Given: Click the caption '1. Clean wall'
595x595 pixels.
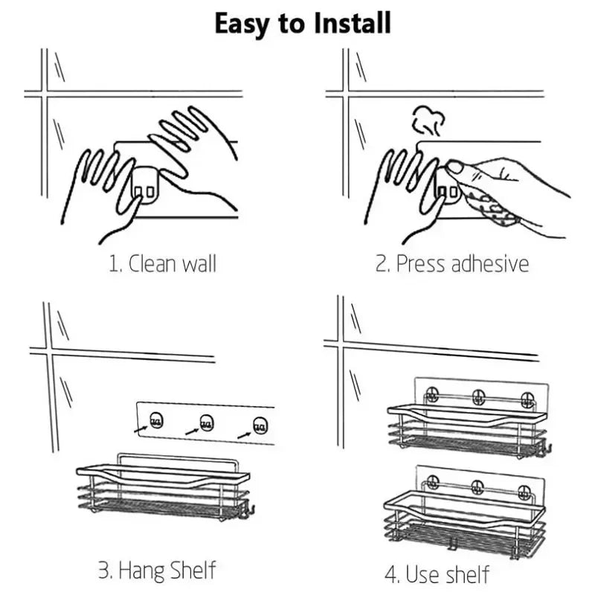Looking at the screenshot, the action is pyautogui.click(x=162, y=263).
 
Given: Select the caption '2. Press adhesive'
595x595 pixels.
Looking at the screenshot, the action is pyautogui.click(x=452, y=263).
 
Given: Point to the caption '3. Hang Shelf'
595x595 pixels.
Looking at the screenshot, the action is pyautogui.click(x=157, y=570).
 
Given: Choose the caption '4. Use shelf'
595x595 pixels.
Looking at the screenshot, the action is pyautogui.click(x=437, y=573).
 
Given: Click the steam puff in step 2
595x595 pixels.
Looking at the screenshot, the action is pyautogui.click(x=428, y=120).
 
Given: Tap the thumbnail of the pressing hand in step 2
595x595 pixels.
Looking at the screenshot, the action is pyautogui.click(x=454, y=167).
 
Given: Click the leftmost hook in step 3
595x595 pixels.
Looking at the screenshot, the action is pyautogui.click(x=156, y=420).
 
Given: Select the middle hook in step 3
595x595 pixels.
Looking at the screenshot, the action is pyautogui.click(x=207, y=423).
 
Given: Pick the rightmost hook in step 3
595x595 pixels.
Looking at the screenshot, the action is pyautogui.click(x=260, y=425).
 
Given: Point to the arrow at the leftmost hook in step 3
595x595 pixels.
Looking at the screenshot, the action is pyautogui.click(x=141, y=429).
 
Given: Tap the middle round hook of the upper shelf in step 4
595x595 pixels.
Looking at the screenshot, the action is pyautogui.click(x=478, y=397).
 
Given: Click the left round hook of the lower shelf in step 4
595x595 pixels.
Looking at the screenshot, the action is pyautogui.click(x=432, y=482).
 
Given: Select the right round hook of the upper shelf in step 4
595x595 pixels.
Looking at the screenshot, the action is pyautogui.click(x=527, y=399).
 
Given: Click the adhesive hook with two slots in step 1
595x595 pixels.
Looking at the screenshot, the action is pyautogui.click(x=144, y=187).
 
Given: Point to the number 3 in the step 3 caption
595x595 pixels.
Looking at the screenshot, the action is pyautogui.click(x=103, y=570).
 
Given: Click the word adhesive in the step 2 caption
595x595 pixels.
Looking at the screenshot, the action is pyautogui.click(x=490, y=263).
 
